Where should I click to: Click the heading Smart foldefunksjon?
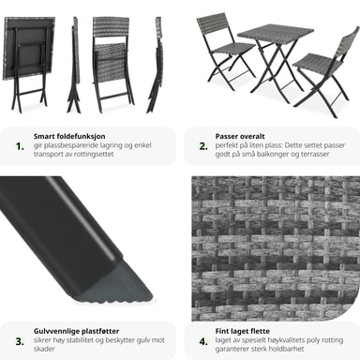[69, 136]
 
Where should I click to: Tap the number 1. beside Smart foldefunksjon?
[20, 146]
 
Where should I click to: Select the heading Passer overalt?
[240, 136]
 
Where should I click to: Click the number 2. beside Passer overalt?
[203, 146]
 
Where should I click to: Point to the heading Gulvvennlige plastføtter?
[76, 331]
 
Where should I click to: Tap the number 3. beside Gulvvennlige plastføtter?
[20, 341]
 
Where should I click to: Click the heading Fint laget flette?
[242, 331]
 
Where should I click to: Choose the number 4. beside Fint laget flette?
[203, 341]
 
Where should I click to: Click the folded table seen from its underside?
[28, 63]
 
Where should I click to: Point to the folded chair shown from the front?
[112, 64]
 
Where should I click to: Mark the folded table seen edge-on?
[74, 64]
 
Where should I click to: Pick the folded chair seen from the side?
[156, 64]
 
